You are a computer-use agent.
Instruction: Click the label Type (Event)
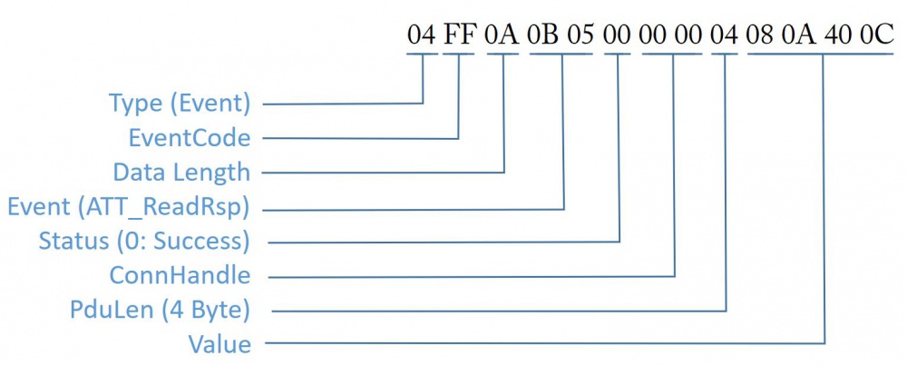click(x=180, y=104)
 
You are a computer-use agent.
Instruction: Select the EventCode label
click(x=190, y=138)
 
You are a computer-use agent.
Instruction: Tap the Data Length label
click(x=181, y=172)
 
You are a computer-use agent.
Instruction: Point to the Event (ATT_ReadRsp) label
click(x=129, y=207)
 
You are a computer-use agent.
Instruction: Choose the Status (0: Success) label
click(x=144, y=241)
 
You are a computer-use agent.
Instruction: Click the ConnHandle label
click(x=180, y=275)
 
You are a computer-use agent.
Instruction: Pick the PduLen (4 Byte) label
click(x=160, y=311)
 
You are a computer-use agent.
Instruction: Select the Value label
click(x=219, y=344)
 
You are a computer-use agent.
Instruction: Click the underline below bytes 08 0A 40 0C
click(x=820, y=54)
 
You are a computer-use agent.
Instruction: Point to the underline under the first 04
click(x=422, y=54)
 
